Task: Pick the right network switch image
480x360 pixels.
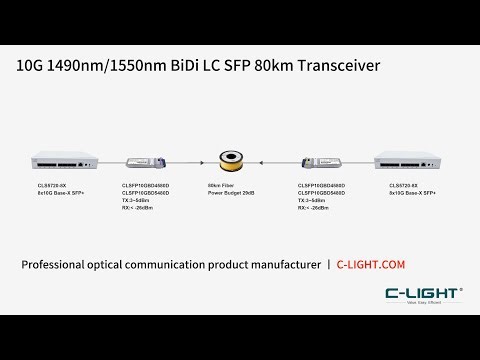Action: pos(407,160)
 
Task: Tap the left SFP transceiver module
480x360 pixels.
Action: pos(143,160)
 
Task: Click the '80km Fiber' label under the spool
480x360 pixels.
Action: pos(222,185)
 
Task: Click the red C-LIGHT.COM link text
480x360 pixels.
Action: pos(374,264)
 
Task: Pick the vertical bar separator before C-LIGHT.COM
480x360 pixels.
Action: pos(329,264)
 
